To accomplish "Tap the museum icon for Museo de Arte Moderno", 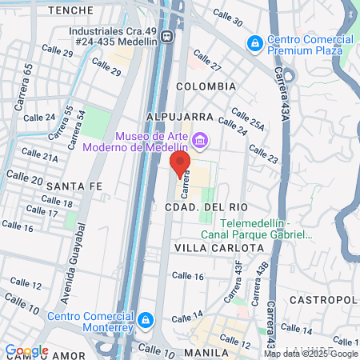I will coord(199,141).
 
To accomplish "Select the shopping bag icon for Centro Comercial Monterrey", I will coord(145,321).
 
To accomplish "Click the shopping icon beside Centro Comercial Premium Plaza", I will coord(254,42).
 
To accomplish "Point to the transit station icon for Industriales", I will coord(166,36).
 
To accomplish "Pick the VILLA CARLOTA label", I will coord(218,248).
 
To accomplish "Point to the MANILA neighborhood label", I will coord(207,351).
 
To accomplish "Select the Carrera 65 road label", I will coord(29,82).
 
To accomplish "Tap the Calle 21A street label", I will coord(39,154).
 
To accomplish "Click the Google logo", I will coord(26,350).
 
